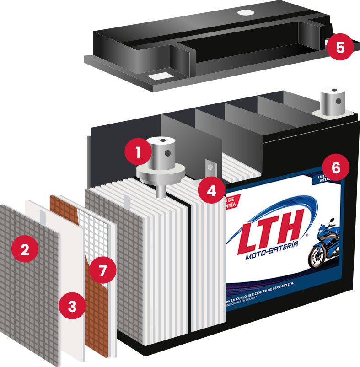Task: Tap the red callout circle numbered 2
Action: [25, 250]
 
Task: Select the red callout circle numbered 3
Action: [72, 306]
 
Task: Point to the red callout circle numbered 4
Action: [210, 190]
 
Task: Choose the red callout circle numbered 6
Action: [336, 167]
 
